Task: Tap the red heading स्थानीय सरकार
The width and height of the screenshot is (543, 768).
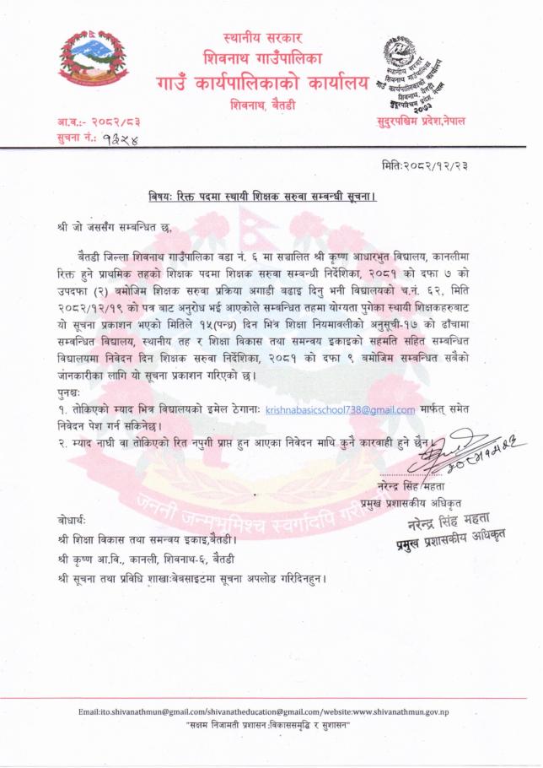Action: [262, 39]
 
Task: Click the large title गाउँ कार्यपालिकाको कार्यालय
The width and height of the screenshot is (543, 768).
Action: [262, 84]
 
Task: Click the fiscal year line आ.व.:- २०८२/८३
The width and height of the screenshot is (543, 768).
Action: [89, 122]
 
